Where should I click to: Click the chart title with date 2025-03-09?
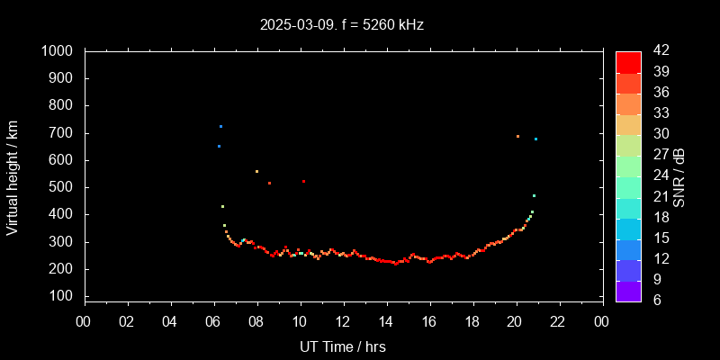pyautogui.click(x=342, y=24)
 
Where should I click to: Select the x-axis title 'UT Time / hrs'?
pyautogui.click(x=343, y=346)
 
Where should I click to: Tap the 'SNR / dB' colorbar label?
pyautogui.click(x=679, y=176)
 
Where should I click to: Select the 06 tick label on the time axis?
pyautogui.click(x=214, y=322)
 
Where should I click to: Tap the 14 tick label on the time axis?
pyautogui.click(x=386, y=322)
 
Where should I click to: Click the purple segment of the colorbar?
pyautogui.click(x=628, y=290)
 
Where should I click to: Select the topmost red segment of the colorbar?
pyautogui.click(x=628, y=61)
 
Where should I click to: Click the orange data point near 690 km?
pyautogui.click(x=517, y=137)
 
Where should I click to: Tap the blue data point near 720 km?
pyautogui.click(x=220, y=126)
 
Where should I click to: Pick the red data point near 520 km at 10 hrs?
pyautogui.click(x=303, y=181)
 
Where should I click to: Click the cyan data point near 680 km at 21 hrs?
pyautogui.click(x=535, y=139)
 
